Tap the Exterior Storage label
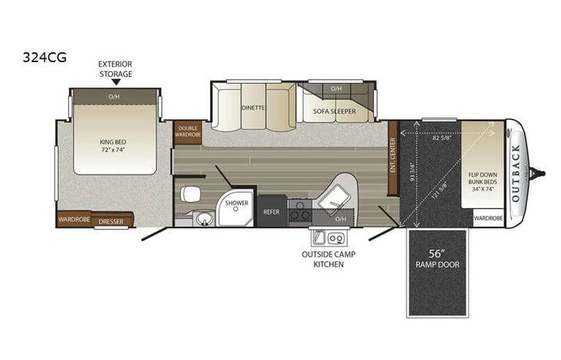(x=114, y=69)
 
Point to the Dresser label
(x=111, y=220)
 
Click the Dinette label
(x=252, y=108)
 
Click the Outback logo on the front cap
(x=516, y=173)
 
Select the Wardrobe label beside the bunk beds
(x=488, y=218)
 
